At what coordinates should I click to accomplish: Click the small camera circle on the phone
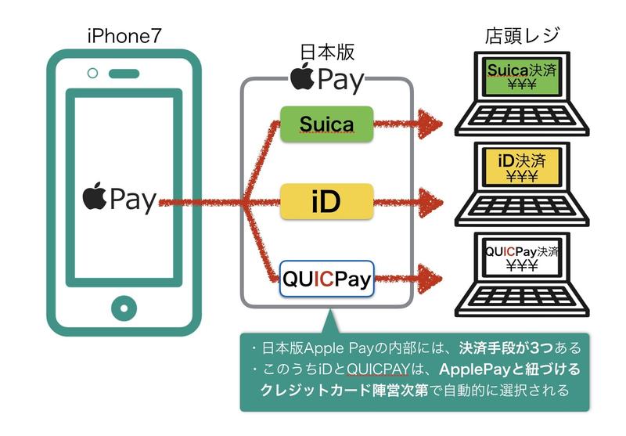click(x=93, y=74)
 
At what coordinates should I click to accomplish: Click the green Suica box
click(x=326, y=123)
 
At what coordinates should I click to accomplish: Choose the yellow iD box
click(x=326, y=200)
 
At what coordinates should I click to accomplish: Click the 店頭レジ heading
click(x=522, y=36)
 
